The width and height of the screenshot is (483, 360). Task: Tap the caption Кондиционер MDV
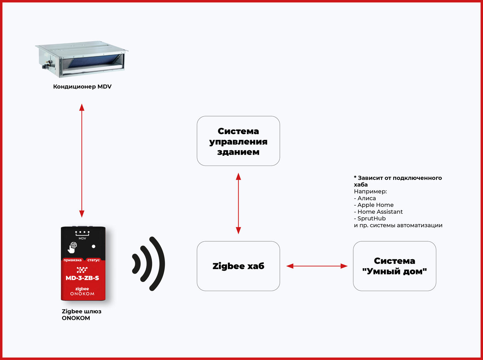click(82, 87)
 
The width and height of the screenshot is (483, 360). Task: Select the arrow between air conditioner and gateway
click(82, 160)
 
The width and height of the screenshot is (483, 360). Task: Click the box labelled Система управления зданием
click(238, 141)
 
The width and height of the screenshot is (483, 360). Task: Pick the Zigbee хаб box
click(238, 266)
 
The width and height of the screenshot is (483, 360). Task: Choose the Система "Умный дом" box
click(394, 266)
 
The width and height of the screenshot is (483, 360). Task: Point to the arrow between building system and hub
click(238, 203)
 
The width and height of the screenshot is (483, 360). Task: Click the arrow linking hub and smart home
click(317, 266)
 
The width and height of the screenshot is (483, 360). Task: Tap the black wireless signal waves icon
click(149, 264)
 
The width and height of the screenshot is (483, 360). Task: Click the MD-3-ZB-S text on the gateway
click(82, 278)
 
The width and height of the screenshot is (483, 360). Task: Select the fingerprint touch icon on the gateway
click(72, 247)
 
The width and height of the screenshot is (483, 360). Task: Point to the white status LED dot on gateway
click(93, 246)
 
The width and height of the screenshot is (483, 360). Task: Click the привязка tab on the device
click(72, 260)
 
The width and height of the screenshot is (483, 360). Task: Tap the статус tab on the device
click(93, 260)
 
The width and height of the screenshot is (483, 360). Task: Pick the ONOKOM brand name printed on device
click(82, 294)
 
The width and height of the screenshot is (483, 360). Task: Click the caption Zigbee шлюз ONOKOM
click(81, 315)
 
